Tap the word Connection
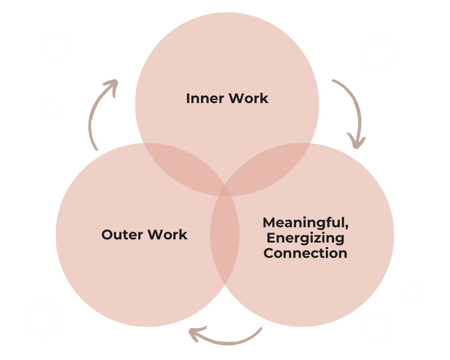pos(305,253)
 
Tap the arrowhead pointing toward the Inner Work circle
pos(112,84)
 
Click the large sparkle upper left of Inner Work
pos(57,46)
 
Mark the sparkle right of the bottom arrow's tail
pos(375,327)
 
